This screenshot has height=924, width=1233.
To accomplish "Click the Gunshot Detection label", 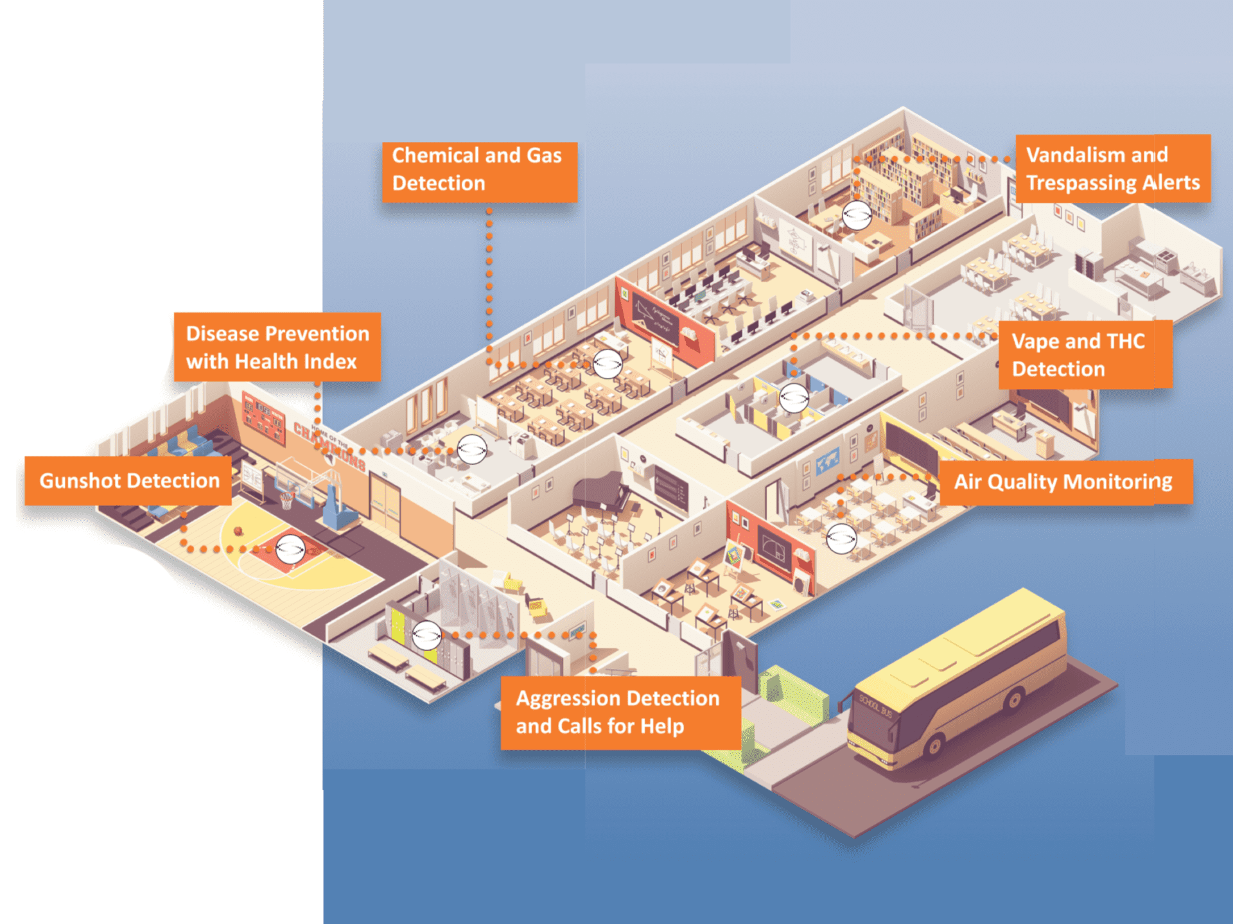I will click(128, 481).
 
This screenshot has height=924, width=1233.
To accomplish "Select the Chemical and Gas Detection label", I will click(479, 170).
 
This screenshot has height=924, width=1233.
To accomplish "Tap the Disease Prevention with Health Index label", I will click(277, 347).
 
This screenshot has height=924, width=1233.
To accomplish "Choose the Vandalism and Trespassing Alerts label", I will click(1112, 169).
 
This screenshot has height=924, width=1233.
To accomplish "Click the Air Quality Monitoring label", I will click(1065, 482).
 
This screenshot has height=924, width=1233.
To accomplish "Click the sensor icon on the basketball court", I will click(290, 549).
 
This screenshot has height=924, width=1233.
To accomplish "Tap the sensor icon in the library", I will click(857, 215).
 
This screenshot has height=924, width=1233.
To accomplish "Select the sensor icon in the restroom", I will click(794, 398).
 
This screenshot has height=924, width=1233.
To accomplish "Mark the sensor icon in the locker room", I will click(426, 636).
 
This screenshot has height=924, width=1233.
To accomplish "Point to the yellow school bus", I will click(957, 681).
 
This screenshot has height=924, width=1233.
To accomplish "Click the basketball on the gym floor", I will click(238, 531).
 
